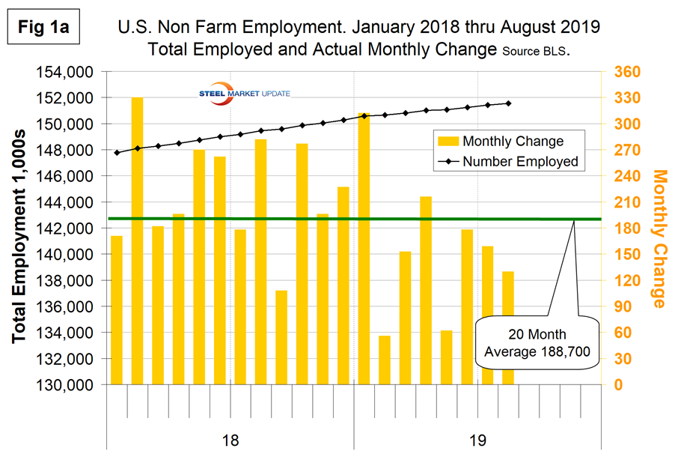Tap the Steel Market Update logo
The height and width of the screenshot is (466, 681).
click(239, 93)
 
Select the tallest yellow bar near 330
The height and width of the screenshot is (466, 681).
click(138, 240)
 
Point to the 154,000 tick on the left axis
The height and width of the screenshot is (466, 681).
click(64, 72)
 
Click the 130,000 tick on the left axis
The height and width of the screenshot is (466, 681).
click(64, 384)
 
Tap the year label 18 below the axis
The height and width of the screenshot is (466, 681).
click(230, 441)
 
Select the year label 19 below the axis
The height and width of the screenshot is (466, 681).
click(477, 441)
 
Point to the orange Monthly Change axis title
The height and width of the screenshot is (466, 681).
click(659, 238)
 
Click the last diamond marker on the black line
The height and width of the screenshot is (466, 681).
click(508, 103)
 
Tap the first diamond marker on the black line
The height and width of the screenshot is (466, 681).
click(117, 152)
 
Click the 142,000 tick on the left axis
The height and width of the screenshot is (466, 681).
click(64, 229)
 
